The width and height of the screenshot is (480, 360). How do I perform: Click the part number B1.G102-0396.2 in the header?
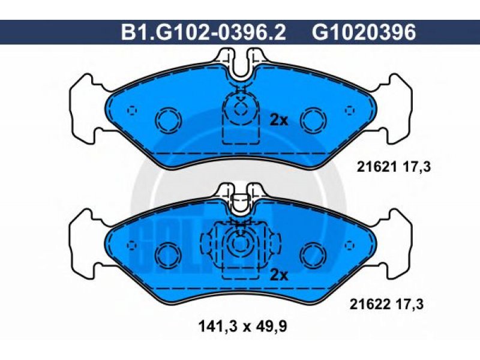[203, 32]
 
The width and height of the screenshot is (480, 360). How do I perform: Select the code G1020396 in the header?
[364, 32]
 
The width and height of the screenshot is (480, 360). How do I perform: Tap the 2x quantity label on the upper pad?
[279, 121]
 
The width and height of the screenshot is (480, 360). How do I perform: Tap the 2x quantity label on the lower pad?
[279, 276]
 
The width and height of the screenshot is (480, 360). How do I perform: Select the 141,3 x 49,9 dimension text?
[242, 326]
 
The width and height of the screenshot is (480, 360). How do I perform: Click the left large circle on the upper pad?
[169, 121]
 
